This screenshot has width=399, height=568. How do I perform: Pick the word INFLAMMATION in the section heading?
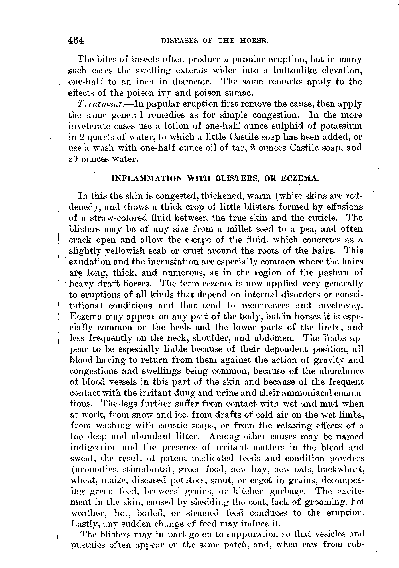click(x=146, y=178)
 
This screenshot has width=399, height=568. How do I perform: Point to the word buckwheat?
click(x=341, y=470)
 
